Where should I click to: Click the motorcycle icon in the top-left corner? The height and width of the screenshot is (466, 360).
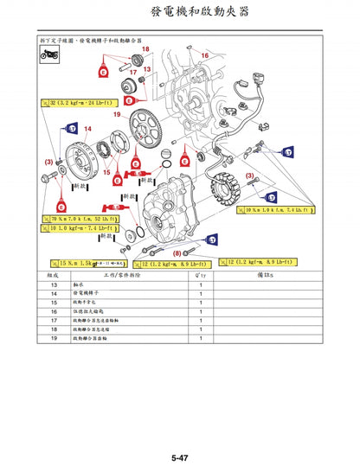click(49, 54)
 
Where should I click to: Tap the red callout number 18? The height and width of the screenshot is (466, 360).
click(145, 48)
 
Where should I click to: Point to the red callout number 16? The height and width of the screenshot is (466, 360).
click(205, 54)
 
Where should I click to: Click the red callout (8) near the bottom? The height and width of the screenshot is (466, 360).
click(177, 252)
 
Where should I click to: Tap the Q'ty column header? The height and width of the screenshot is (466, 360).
click(200, 273)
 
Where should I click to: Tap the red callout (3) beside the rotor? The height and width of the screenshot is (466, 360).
click(48, 162)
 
